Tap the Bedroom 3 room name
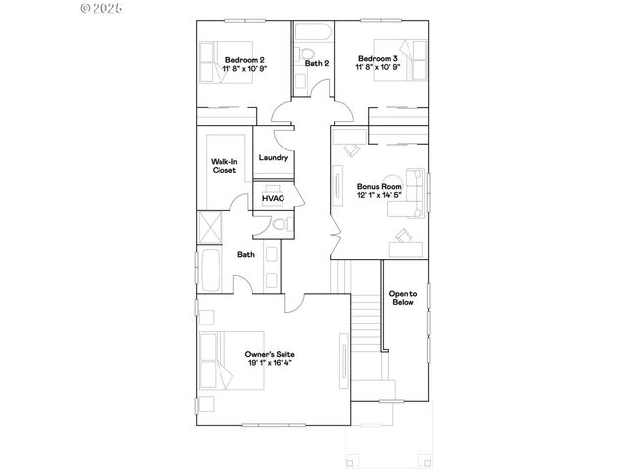(378, 58)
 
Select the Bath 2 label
(316, 64)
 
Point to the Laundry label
(273, 157)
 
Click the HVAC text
(273, 198)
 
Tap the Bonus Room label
(379, 186)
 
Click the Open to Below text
(402, 298)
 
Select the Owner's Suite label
(270, 353)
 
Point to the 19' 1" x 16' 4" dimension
(270, 363)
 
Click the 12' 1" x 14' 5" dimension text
(379, 195)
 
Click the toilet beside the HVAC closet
(279, 226)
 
